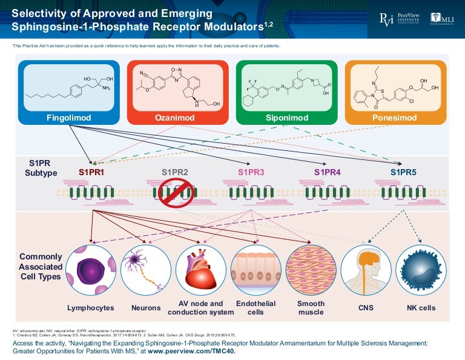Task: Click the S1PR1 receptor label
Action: click(91, 173)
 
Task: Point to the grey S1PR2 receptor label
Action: click(175, 173)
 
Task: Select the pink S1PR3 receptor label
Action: click(251, 173)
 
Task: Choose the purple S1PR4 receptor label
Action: click(328, 173)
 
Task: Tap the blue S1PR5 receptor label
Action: click(404, 173)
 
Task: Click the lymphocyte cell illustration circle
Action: click(91, 270)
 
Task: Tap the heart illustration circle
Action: click(200, 270)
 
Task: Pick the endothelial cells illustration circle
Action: click(256, 270)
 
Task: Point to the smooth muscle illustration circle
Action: click(311, 270)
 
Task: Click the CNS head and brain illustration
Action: click(366, 270)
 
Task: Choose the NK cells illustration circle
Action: click(420, 270)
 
